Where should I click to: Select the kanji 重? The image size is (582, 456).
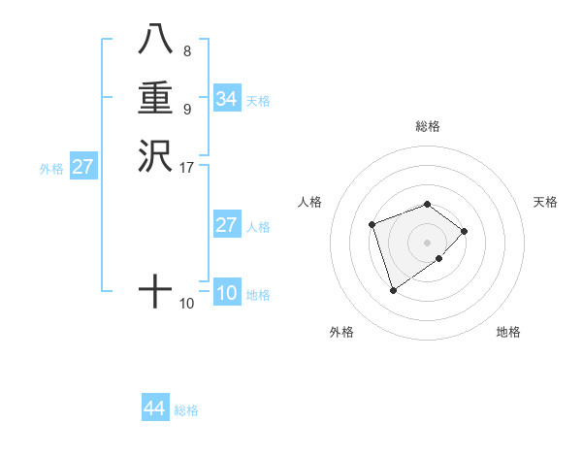click(155, 99)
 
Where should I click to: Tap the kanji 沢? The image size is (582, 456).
click(155, 155)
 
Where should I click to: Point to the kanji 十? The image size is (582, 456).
click(155, 290)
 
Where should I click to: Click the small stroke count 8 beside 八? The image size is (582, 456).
click(186, 51)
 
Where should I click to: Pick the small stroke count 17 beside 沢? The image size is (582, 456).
click(187, 167)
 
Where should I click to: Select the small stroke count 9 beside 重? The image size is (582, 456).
click(186, 109)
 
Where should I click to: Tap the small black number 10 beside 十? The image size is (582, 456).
click(187, 304)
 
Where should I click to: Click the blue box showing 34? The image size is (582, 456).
click(226, 99)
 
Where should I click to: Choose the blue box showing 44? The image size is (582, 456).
click(154, 408)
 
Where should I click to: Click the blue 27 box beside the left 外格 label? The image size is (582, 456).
click(83, 167)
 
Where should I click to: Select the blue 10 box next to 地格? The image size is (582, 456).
click(226, 293)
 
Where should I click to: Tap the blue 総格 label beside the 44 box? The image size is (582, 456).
click(186, 410)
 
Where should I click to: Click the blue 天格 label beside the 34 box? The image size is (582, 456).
click(258, 101)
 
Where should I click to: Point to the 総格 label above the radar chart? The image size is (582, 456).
click(427, 126)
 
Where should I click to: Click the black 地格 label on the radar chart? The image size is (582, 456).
click(508, 332)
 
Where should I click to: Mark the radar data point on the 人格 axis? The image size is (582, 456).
click(372, 224)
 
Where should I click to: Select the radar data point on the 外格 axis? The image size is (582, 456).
click(393, 289)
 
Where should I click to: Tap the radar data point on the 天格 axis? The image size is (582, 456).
click(465, 231)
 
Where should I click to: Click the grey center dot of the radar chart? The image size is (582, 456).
click(427, 242)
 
